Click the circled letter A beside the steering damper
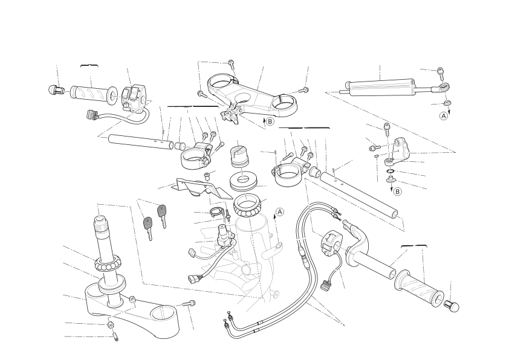(x=444, y=116)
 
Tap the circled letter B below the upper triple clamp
(x=270, y=121)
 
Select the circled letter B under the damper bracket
(x=397, y=191)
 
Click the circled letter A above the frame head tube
(x=279, y=212)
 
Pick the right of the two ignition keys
(x=162, y=216)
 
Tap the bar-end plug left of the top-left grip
(x=56, y=90)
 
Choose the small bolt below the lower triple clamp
(x=115, y=336)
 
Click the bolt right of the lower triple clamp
(x=189, y=304)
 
